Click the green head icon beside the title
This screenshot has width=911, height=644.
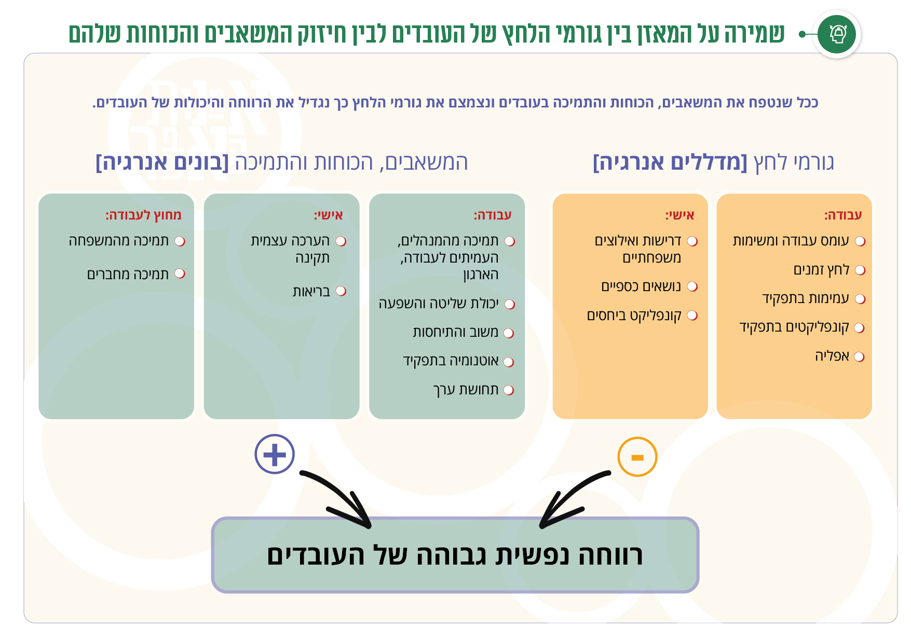pos(836,34)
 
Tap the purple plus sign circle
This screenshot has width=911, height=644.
pos(275,454)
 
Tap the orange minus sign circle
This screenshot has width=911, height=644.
pos(637,457)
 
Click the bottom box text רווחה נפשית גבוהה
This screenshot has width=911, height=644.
pos(455,555)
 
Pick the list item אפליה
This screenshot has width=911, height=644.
pos(832,357)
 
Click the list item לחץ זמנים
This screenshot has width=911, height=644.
pos(821,270)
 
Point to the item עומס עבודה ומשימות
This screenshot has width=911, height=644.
pos(791,241)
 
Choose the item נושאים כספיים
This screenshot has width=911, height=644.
pos(641,286)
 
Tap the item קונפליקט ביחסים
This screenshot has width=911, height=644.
pos(634,316)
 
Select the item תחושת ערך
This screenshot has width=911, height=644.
pos(466,390)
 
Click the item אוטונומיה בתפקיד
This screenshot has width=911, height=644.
pos(451,361)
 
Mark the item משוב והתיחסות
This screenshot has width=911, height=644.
pos(455,333)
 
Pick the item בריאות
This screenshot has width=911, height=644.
pos(311,291)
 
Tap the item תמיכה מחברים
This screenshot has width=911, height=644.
pos(128,274)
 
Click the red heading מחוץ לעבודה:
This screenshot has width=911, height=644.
pos(143,215)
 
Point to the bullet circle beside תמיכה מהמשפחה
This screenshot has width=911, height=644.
pos(180,241)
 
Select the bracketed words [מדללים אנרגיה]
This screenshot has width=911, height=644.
pos(670,162)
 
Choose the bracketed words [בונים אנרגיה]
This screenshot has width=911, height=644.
pos(162,162)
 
